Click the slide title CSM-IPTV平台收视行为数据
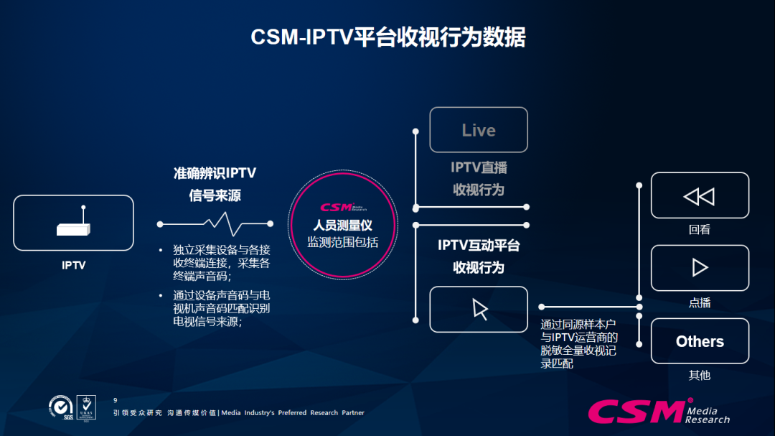coord(387,37)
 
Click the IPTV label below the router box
coord(74,265)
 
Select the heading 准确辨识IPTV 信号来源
coord(215,184)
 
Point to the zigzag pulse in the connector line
coord(215,223)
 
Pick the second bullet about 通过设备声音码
coord(221,308)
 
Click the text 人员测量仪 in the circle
coord(342,226)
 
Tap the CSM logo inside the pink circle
coord(342,208)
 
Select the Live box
coord(479,130)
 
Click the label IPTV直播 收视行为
coord(479,178)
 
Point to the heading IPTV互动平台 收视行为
coord(479,256)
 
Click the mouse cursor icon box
coord(479,309)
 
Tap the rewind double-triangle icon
coord(699,196)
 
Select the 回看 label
coord(700,230)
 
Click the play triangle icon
coord(700,268)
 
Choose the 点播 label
coord(700,302)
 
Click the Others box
coord(700,341)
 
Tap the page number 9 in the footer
coord(116,399)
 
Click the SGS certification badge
coord(60,407)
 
